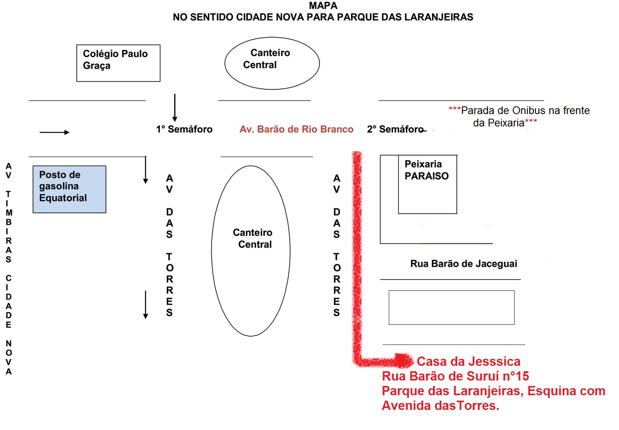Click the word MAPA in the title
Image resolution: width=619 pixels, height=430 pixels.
coord(323,6)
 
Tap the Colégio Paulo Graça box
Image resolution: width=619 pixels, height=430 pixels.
coord(118,63)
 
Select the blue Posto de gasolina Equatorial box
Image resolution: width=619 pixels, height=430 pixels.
coord(69,189)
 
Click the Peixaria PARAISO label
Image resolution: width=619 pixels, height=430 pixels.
coord(426,170)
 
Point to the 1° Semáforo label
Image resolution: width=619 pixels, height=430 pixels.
coord(184,129)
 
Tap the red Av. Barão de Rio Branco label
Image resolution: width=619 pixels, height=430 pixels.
coord(296,129)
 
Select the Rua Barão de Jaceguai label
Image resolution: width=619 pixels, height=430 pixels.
coord(463,264)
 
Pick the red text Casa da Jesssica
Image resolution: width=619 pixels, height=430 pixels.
coord(468,361)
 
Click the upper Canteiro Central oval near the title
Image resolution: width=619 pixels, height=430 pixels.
coord(272,63)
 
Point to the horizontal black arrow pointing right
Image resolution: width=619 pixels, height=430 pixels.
coord(55,132)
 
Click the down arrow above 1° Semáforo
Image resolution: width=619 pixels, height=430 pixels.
coord(175,108)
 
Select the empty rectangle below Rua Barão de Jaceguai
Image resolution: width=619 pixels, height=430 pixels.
coord(451,307)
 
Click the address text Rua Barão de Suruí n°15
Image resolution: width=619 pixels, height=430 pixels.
coord(455,376)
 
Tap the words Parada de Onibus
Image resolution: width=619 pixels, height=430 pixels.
coord(503,111)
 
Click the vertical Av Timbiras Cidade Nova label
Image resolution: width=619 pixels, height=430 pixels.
coord(9,269)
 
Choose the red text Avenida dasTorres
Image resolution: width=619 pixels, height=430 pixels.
coord(440,406)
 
